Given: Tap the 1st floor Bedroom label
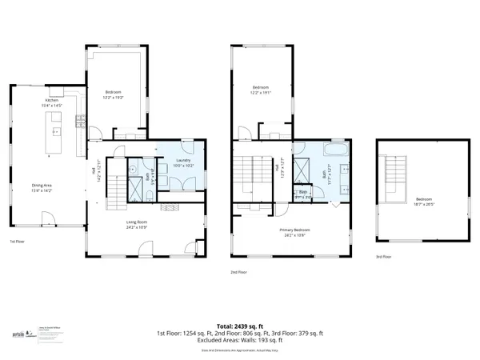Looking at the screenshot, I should point(116,94).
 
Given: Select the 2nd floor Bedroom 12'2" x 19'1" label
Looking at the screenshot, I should point(261,90).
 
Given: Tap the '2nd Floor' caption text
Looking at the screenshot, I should point(239,272).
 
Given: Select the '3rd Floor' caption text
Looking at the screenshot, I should point(385,257).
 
